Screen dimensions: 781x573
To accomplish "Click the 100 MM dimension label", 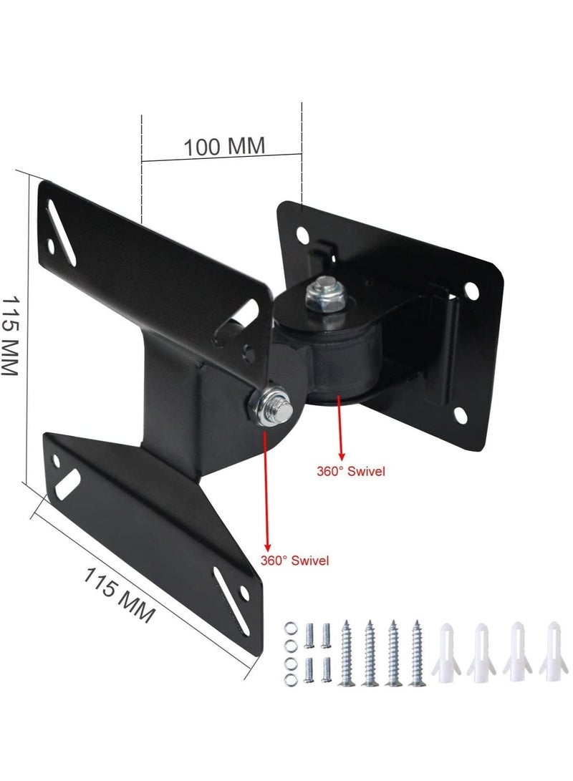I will tap(224, 146).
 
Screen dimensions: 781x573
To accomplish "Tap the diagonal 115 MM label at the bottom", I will tap(120, 594).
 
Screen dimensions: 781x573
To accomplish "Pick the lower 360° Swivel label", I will tap(296, 561).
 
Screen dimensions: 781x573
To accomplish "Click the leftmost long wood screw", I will tap(349, 652).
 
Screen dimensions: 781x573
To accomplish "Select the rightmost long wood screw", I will tap(418, 652).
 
